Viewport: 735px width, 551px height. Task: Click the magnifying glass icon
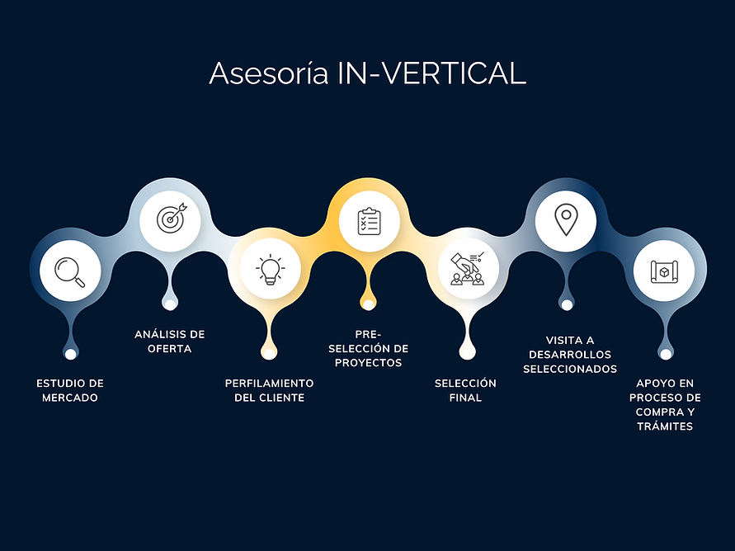coord(70,271)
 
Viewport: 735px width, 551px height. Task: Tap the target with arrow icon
coord(170,219)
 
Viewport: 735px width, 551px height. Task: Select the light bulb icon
coord(270,271)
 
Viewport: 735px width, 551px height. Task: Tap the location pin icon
coord(566,220)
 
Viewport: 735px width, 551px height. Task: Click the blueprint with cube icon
coord(665,271)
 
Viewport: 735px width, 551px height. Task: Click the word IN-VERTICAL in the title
coord(431,73)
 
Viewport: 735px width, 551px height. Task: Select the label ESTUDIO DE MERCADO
coord(70,391)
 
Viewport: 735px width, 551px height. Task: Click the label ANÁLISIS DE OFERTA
coord(170,341)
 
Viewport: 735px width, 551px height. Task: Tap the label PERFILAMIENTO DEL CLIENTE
coord(270,391)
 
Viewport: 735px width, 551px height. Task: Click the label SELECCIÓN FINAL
coord(466,391)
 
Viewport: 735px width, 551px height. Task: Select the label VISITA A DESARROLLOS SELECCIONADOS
coord(570,355)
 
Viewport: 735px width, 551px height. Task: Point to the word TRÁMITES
coord(665,426)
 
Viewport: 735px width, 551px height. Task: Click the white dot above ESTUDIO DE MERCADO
coord(71,354)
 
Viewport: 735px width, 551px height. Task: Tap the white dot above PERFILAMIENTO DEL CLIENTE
coord(269,354)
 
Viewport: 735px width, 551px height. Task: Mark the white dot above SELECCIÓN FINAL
coord(468,354)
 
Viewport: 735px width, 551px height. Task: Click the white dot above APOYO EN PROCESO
coord(665,354)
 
